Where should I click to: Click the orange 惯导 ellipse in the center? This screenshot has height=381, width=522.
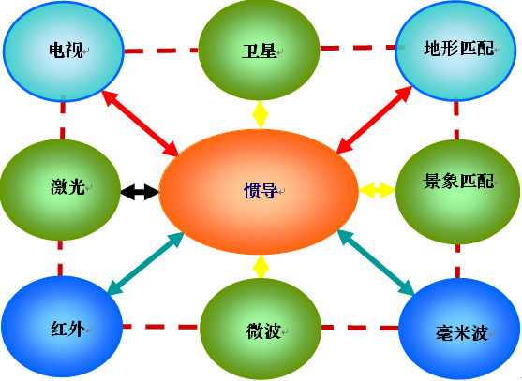(x=259, y=192)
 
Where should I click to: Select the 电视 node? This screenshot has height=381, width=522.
(x=63, y=51)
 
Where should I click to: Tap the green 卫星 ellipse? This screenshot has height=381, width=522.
(x=259, y=50)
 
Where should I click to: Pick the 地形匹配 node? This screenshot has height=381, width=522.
(x=456, y=51)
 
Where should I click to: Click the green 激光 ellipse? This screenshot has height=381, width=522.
(x=60, y=189)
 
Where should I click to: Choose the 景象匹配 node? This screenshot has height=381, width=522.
(x=457, y=192)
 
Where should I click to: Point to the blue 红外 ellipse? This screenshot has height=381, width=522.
(x=62, y=327)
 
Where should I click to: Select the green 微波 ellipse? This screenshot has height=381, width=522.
(x=261, y=330)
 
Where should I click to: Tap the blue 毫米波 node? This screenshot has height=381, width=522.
(x=459, y=330)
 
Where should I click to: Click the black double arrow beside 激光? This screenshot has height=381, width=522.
(x=140, y=192)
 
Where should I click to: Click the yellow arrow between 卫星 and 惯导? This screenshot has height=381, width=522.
(x=261, y=115)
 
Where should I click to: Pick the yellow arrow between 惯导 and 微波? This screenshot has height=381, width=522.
(x=261, y=266)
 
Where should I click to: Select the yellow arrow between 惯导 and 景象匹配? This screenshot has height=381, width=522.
(x=377, y=190)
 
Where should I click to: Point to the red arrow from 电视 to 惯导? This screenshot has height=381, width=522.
(x=141, y=123)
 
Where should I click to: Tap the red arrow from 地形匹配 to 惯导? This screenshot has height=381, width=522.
(x=375, y=120)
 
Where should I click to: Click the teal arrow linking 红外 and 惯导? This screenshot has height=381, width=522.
(x=146, y=263)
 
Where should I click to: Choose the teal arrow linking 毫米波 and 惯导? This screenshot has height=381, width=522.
(x=376, y=263)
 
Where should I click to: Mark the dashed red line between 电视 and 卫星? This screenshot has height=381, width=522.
(x=161, y=51)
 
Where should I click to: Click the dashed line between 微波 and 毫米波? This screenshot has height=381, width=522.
(x=360, y=328)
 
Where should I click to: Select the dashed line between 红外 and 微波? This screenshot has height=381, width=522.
(x=161, y=327)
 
